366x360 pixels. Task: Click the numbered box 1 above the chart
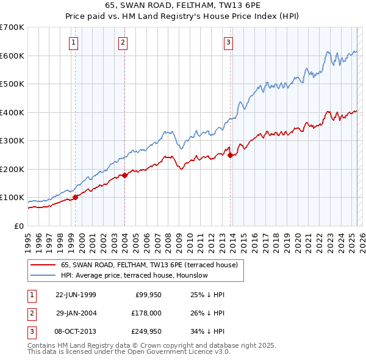coord(73,42)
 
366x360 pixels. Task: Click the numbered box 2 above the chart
coord(123,42)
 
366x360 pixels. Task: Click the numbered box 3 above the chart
coord(228,42)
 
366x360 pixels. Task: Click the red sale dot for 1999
coord(76,197)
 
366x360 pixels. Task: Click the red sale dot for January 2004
coord(125,175)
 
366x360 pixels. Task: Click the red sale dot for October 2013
coord(230,155)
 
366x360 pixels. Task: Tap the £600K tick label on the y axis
coord(12,56)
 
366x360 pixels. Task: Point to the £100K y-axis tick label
coord(12,198)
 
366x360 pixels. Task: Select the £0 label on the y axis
coord(18,226)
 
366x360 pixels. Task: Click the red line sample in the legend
coord(43,265)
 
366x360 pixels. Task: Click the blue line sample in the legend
coord(43,275)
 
